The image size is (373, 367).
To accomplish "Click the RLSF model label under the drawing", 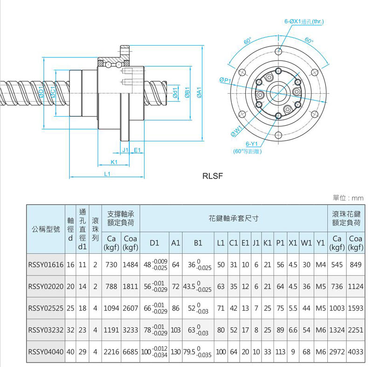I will click(214, 176).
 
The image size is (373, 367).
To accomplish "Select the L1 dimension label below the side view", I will click(107, 174).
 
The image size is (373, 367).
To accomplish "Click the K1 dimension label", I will click(114, 162).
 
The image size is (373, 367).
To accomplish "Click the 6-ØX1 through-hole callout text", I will click(304, 22).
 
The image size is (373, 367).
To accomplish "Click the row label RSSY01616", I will click(46, 264).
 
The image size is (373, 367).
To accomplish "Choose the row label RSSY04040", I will click(46, 351).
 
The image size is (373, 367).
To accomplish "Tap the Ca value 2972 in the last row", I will click(338, 351).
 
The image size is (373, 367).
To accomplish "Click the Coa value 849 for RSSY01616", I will click(356, 264).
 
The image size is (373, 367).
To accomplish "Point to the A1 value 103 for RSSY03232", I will click(176, 330).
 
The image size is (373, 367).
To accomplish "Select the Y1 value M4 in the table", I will click(320, 264).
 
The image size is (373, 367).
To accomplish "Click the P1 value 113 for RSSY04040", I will click(280, 351).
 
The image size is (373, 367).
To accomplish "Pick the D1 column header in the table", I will click(155, 243).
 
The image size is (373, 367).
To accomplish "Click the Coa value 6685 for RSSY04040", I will click(130, 351).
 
